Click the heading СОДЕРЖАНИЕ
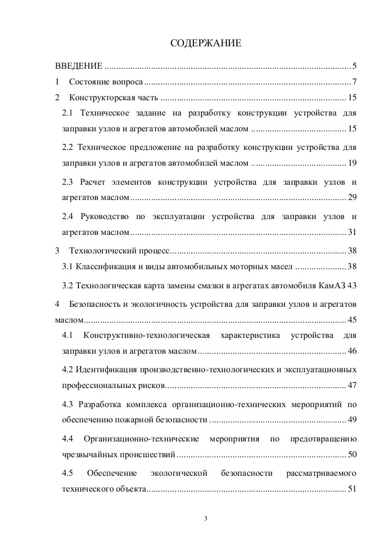point(205,43)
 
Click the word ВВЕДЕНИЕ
point(78,66)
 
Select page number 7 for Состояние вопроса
point(354,82)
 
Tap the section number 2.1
point(68,113)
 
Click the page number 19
point(352,163)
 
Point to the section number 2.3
point(68,181)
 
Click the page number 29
point(352,197)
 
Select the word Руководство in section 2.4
point(103,216)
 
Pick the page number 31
point(352,232)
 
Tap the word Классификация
point(104,267)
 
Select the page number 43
point(352,285)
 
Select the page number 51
point(352,488)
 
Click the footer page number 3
point(206,518)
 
